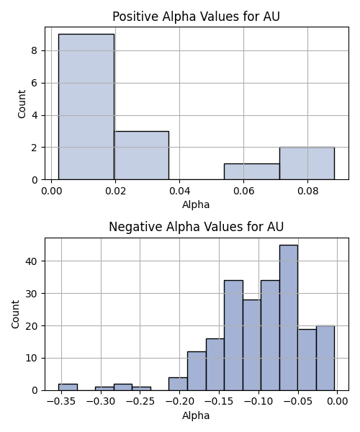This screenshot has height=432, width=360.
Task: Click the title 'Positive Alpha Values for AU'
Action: click(x=196, y=17)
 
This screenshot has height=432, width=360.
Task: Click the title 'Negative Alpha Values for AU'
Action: click(x=196, y=227)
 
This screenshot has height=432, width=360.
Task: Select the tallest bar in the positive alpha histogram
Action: click(x=86, y=107)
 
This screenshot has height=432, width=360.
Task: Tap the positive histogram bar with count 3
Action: click(x=142, y=156)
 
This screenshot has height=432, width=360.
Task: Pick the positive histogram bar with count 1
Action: click(x=252, y=171)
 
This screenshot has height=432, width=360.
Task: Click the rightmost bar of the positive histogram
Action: click(x=307, y=163)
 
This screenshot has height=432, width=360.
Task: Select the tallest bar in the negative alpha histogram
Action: click(x=289, y=318)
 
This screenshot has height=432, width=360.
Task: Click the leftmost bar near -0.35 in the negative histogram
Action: click(x=68, y=387)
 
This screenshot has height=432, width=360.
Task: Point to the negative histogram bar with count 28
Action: click(x=252, y=345)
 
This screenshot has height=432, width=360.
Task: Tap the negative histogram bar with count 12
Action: click(x=197, y=371)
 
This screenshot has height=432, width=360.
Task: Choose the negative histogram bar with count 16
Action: click(x=215, y=364)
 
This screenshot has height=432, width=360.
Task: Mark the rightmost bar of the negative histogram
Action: click(x=325, y=358)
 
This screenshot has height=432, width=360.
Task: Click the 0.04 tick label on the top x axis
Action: click(x=179, y=191)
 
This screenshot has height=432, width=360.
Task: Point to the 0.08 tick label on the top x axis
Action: click(x=307, y=191)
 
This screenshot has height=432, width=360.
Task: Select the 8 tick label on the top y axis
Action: click(x=35, y=50)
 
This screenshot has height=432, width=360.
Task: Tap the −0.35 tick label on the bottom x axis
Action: click(x=61, y=402)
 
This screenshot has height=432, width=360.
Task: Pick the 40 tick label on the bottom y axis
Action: click(x=32, y=261)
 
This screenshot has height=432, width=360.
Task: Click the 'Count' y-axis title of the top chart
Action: click(x=22, y=104)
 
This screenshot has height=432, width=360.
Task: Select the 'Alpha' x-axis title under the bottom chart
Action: click(x=196, y=415)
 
